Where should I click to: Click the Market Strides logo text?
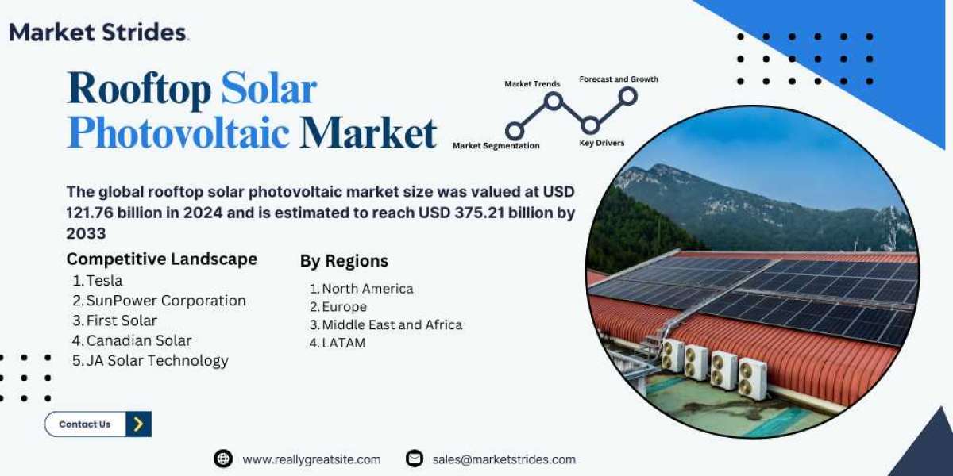point(98,33)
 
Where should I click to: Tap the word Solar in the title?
point(269,88)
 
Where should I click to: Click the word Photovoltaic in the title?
point(178,133)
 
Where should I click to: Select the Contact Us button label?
point(85,424)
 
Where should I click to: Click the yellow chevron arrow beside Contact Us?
point(138,424)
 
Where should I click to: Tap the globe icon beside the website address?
point(223,459)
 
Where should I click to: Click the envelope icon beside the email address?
point(415,459)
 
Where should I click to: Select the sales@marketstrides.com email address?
point(504,459)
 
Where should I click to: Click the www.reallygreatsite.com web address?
point(311,459)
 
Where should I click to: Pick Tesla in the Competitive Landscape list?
point(104,281)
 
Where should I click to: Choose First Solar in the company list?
point(122,321)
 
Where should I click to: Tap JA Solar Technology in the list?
point(157,360)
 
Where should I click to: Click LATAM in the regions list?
point(344,343)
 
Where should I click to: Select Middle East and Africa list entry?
point(392,324)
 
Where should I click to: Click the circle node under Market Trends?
point(553,102)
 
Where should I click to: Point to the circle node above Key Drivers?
point(591,125)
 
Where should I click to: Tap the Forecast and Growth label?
point(619,79)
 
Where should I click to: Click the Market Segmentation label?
point(496,146)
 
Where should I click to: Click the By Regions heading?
point(344,261)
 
